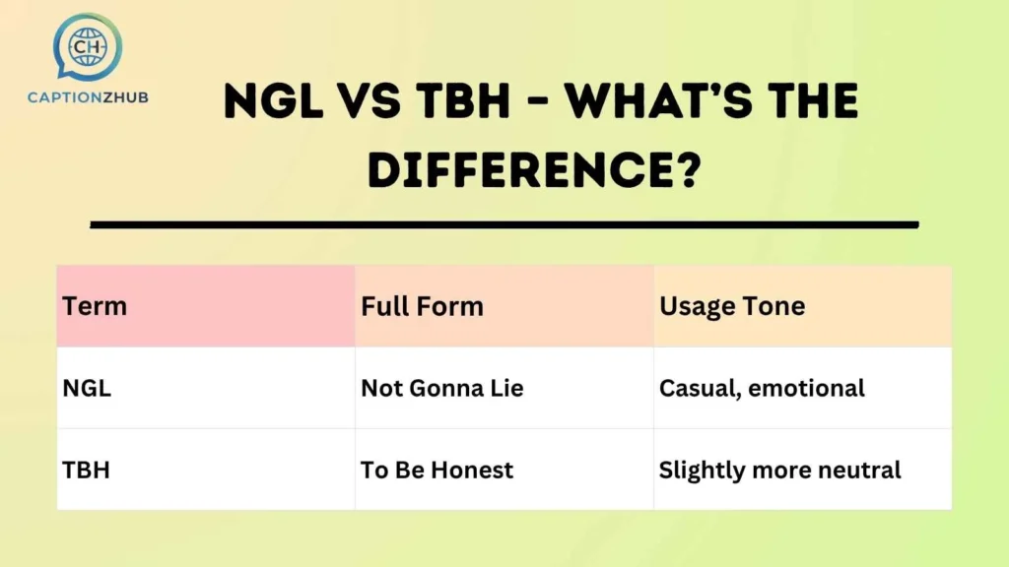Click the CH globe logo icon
tap(89, 46)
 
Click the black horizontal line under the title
tap(504, 225)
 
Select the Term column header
tap(95, 306)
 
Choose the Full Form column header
tap(422, 306)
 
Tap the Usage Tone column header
tap(732, 306)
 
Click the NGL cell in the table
tap(87, 388)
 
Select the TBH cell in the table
tap(86, 470)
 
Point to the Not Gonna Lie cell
tap(441, 388)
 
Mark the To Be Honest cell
tap(437, 470)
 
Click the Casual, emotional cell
tap(762, 388)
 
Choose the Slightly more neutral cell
tap(779, 470)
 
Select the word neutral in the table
tap(862, 470)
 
